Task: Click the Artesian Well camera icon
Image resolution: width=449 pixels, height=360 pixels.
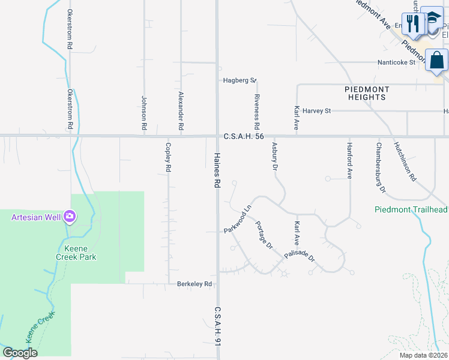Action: click(x=70, y=216)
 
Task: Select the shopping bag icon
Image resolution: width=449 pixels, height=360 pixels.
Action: click(x=437, y=61)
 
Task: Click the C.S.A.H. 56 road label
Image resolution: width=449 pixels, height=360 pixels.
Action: click(x=244, y=137)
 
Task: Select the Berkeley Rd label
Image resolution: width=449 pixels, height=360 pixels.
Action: click(x=194, y=284)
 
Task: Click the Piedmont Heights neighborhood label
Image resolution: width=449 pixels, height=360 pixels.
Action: click(x=367, y=93)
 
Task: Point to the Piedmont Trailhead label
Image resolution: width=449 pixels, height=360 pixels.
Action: click(x=411, y=209)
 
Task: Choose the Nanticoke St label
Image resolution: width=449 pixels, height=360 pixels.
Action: click(x=396, y=62)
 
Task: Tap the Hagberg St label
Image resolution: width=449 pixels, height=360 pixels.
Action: click(x=240, y=80)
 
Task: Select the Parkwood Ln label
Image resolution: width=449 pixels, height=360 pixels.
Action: click(x=237, y=221)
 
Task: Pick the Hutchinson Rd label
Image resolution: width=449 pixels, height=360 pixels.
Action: click(x=405, y=161)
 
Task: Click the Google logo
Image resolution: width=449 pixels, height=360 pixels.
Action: click(x=20, y=353)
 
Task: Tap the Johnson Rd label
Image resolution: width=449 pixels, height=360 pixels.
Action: click(x=144, y=114)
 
